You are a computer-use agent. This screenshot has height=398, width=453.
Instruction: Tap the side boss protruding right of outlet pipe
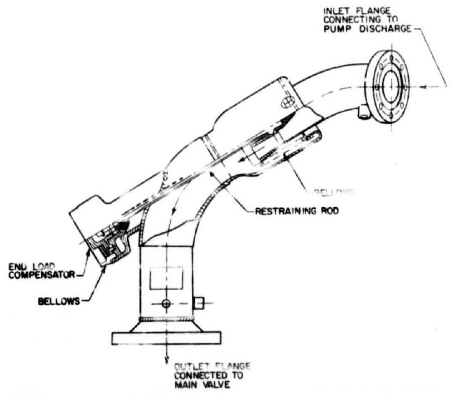click(x=199, y=303)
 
